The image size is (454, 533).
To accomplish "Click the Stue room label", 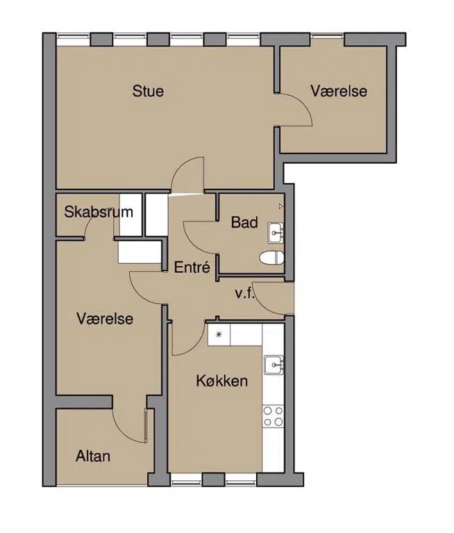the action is point(148,91).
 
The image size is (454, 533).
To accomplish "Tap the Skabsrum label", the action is point(99,212).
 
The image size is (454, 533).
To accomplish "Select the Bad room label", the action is point(244,222).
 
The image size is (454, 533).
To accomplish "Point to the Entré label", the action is point(192,267).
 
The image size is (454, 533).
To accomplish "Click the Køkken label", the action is point(222,381).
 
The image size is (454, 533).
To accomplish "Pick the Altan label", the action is point(93,456).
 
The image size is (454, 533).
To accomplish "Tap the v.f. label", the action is point(245,294).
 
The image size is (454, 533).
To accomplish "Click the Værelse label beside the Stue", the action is point(339,91).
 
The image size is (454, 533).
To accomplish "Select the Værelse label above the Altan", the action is point(105,319).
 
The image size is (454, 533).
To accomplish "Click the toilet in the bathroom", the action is point(271,257).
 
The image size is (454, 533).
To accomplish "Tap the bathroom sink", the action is point(276,232).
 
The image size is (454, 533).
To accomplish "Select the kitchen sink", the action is point(274,365).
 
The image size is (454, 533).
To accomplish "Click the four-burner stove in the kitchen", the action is point(273,416).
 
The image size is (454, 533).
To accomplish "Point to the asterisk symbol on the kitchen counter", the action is point(219,335).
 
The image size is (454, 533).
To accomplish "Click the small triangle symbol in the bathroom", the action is point(281,206).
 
